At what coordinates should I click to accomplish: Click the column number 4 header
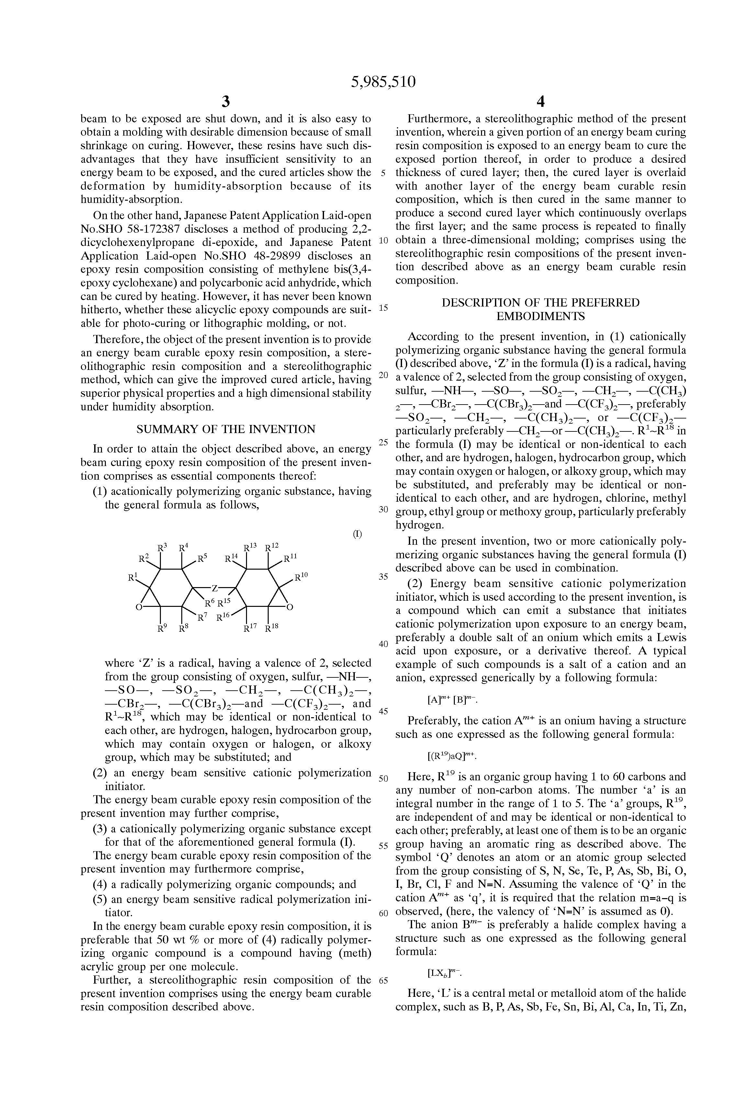click(540, 101)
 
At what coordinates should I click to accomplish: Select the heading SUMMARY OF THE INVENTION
click(226, 429)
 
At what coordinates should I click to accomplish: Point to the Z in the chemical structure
click(215, 588)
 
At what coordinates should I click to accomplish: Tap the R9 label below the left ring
click(162, 629)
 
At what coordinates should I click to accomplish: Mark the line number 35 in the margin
click(383, 577)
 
